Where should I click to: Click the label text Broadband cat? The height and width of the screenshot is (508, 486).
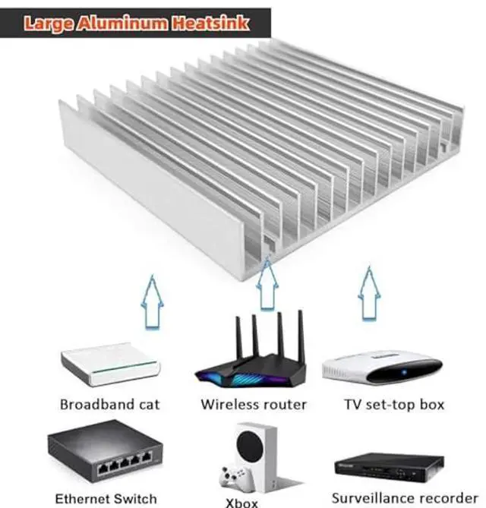tap(110, 405)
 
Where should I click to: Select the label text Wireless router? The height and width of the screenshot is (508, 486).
tap(254, 405)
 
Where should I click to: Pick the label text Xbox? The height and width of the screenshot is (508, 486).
tap(242, 502)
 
